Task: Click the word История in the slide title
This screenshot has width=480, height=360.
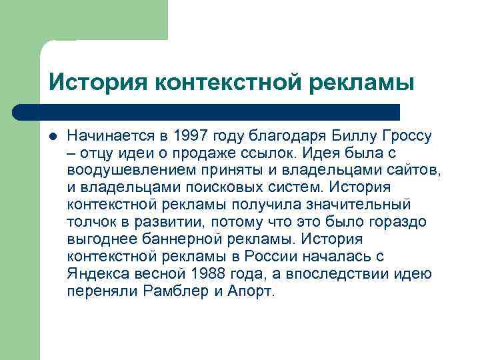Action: click(97, 82)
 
